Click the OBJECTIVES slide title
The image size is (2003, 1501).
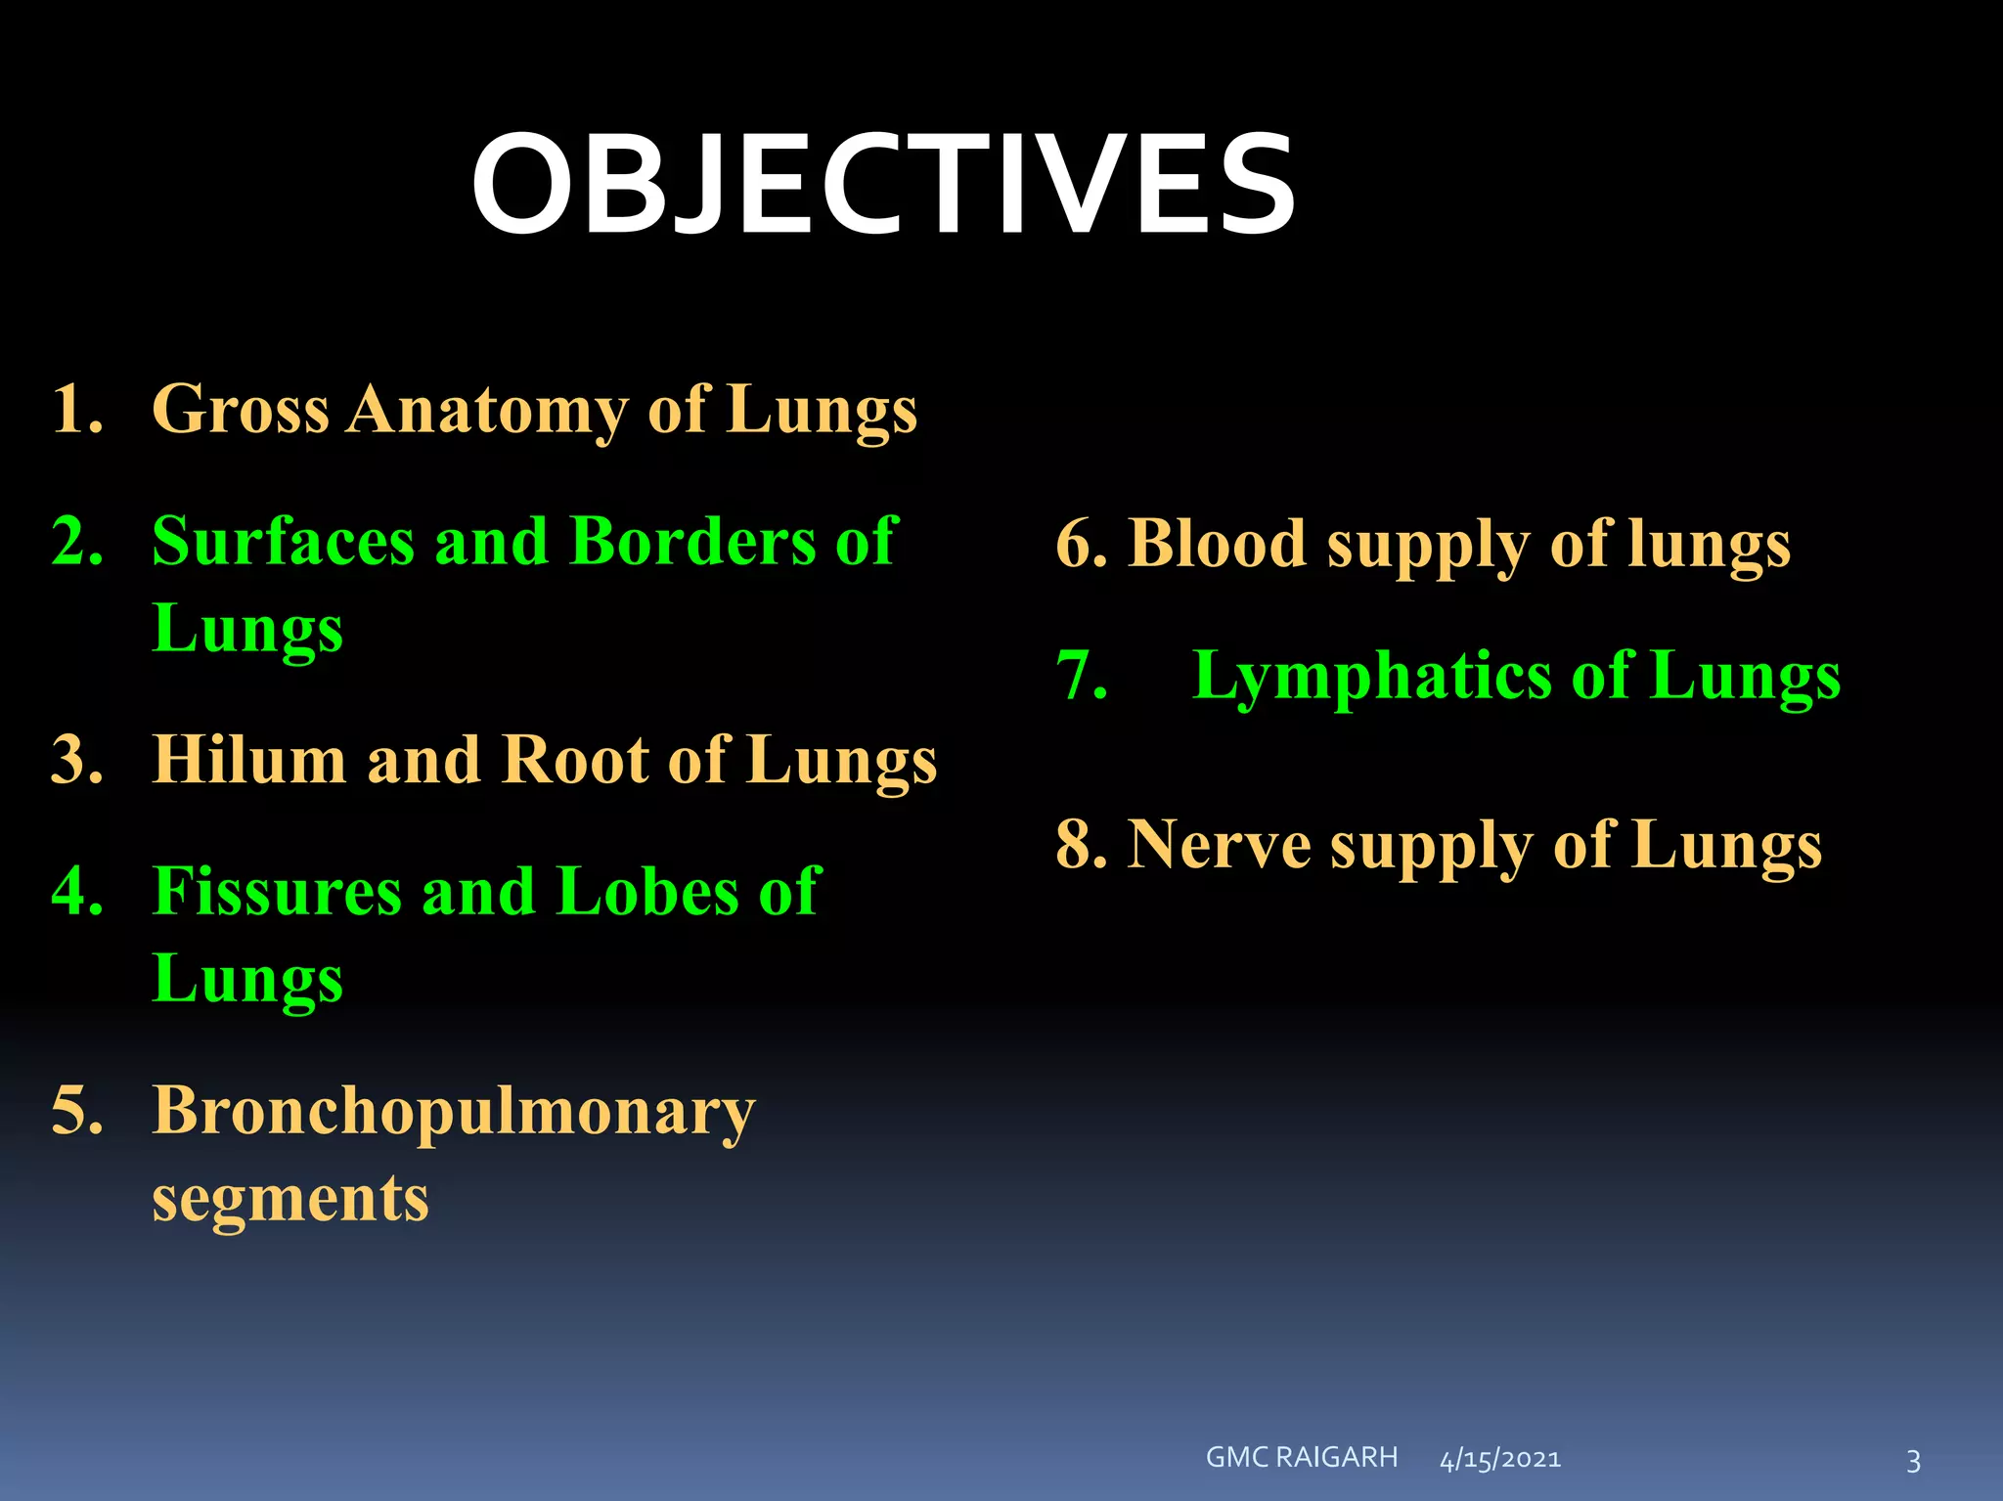883,186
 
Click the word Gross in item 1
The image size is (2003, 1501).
240,409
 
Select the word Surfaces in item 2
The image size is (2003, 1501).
283,541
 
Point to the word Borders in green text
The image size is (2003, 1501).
691,541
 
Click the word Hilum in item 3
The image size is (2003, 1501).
248,760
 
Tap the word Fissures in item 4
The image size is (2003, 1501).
277,892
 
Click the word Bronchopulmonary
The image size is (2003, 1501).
454,1113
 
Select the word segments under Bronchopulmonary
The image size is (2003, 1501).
290,1198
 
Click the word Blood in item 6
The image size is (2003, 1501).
1217,544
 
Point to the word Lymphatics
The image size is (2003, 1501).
1372,677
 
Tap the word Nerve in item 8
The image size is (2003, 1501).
1219,845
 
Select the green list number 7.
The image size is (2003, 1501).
1081,676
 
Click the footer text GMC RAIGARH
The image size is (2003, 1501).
1302,1457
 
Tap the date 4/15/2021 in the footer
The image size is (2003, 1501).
1500,1460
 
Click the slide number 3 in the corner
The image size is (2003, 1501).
1913,1462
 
